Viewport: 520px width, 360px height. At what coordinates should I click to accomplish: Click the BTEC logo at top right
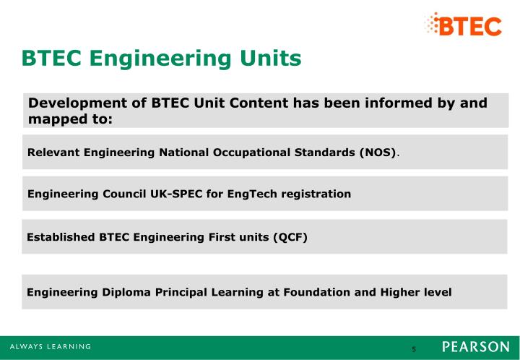[463, 25]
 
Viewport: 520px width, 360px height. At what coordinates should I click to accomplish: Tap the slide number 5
[414, 349]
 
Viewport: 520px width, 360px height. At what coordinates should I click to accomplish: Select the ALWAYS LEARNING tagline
[51, 347]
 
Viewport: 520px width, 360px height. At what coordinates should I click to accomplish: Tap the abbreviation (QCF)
[290, 236]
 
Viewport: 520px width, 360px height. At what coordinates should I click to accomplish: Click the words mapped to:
[71, 119]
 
